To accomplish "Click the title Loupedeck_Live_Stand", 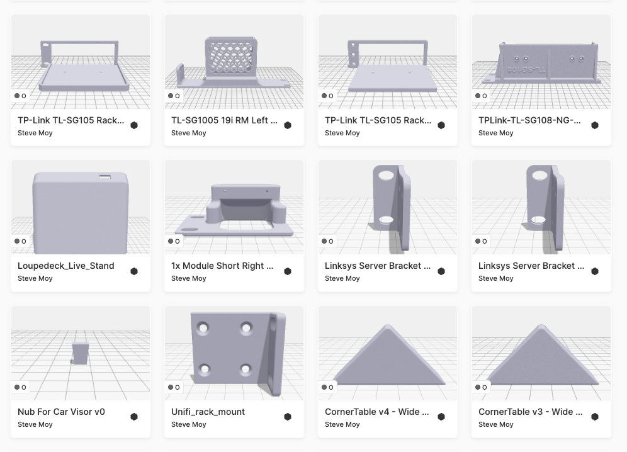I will (66, 266).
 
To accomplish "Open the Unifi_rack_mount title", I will (208, 412).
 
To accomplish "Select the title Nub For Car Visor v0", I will (62, 412).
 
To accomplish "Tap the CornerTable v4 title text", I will (376, 412).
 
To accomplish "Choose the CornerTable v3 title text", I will (530, 412).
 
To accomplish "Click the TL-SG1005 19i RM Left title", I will (224, 120).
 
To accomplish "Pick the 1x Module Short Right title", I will (222, 266).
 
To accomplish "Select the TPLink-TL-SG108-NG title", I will (529, 120).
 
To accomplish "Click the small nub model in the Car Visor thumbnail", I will (80, 353).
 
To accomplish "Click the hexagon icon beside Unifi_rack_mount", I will (288, 417).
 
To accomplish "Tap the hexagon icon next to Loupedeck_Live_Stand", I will (134, 271).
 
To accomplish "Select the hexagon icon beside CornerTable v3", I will (595, 417).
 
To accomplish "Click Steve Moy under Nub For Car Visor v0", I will (35, 424).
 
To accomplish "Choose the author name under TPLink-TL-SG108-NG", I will (496, 133).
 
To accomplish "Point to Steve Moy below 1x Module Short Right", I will (189, 278).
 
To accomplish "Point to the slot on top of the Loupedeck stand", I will (103, 177).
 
